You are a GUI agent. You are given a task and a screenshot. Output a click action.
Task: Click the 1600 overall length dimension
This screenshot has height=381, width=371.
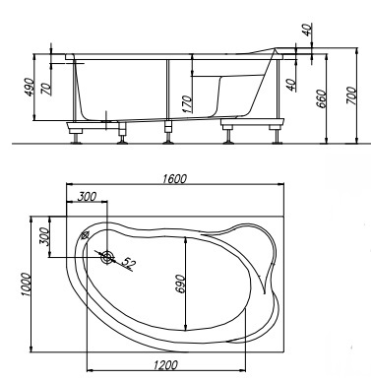tap(174, 179)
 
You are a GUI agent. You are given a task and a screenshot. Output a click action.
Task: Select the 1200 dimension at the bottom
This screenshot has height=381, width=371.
tap(165, 365)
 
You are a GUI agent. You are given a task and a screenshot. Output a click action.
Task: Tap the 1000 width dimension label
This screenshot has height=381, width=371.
tap(26, 285)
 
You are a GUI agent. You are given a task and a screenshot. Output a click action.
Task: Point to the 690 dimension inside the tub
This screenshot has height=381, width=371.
tap(181, 284)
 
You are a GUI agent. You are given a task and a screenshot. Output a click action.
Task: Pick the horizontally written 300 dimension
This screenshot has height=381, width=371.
tap(87, 197)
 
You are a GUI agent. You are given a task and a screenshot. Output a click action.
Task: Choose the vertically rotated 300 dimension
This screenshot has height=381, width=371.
tap(43, 236)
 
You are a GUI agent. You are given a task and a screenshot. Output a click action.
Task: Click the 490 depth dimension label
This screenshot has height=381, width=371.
tap(29, 87)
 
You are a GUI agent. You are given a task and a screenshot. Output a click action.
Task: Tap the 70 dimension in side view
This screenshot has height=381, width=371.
tap(46, 89)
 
